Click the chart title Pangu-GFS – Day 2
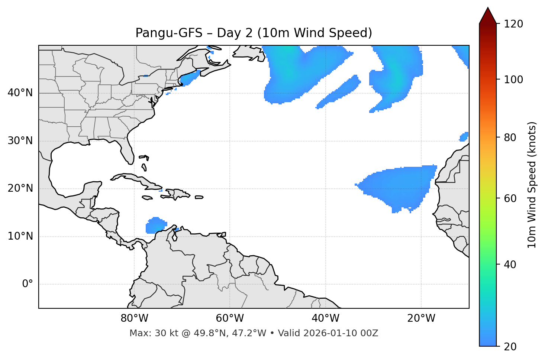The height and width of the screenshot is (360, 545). click(x=254, y=33)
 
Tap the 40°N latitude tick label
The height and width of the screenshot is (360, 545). click(x=20, y=93)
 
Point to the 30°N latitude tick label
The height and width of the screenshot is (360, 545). click(x=20, y=141)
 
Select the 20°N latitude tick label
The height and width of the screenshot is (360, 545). click(x=20, y=188)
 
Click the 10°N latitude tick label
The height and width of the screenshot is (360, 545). click(x=20, y=236)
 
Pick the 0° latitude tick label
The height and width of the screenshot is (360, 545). click(x=28, y=284)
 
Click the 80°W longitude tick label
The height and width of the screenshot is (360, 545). click(x=134, y=318)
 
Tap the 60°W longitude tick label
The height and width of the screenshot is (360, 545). click(x=230, y=318)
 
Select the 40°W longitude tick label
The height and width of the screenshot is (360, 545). click(x=325, y=318)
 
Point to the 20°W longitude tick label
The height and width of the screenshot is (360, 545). click(x=421, y=318)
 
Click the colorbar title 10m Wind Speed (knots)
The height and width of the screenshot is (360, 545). click(x=532, y=185)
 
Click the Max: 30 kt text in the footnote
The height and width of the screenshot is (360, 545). click(x=148, y=333)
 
